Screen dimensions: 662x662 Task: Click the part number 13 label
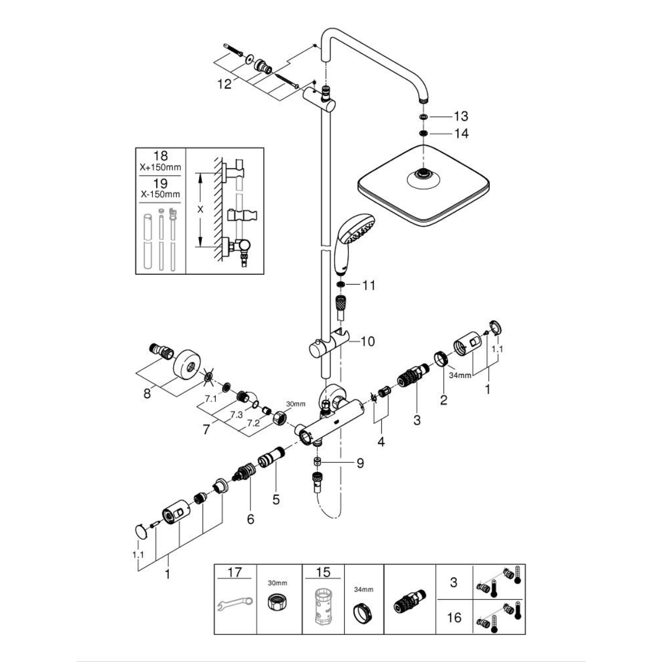point(461,116)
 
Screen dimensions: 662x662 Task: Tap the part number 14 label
point(461,134)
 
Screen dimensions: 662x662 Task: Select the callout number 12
point(225,84)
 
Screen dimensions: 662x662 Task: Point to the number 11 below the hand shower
point(369,285)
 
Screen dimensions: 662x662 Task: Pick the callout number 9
point(360,463)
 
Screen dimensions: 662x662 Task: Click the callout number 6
point(250,519)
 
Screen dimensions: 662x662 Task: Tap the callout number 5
point(276,500)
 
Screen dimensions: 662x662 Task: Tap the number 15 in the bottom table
point(323,573)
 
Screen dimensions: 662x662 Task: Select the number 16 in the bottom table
point(453,617)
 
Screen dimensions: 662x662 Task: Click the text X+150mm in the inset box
point(160,167)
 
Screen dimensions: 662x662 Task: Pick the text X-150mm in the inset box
point(160,195)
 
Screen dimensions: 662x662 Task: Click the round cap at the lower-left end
point(142,532)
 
